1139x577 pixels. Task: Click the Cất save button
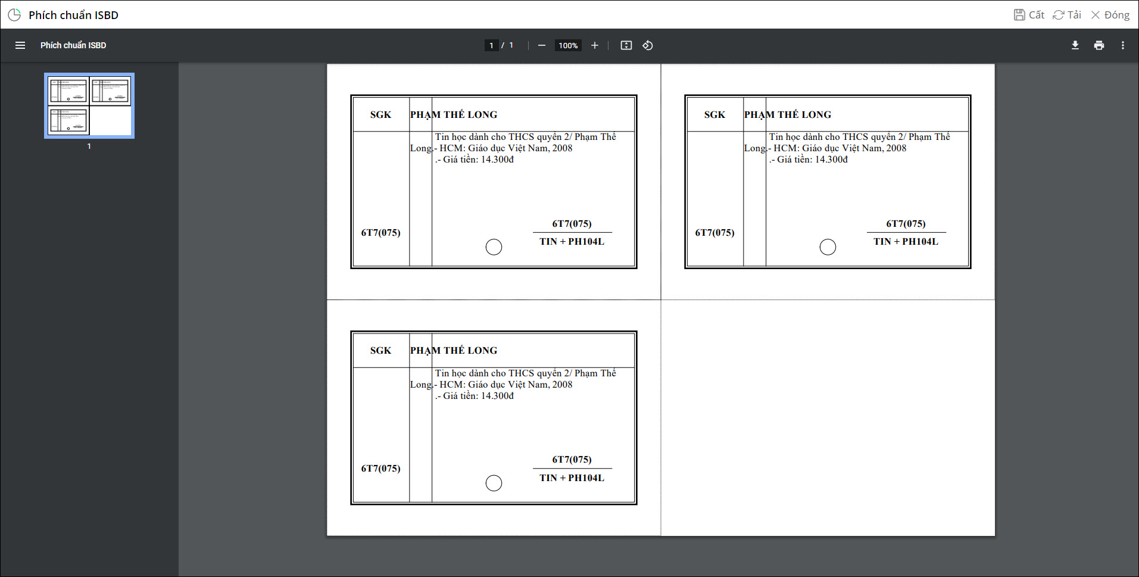pos(1029,15)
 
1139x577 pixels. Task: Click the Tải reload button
pos(1067,15)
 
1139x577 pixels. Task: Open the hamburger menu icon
pos(20,45)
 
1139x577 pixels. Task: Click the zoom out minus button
pos(542,45)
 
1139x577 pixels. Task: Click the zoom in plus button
pos(594,45)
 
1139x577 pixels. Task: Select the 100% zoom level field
pos(568,45)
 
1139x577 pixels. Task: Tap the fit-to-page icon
pos(626,45)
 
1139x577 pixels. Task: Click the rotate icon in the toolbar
pos(648,45)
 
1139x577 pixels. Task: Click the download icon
pos(1075,45)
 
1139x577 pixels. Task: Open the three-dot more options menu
pos(1123,45)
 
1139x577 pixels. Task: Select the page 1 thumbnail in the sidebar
pos(89,105)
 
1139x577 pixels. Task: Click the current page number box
pos(491,45)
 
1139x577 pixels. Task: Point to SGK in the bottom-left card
pos(380,351)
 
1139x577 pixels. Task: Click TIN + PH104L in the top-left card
pos(572,241)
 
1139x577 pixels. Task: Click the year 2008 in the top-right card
pos(896,148)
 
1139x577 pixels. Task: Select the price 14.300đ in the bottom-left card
pos(497,396)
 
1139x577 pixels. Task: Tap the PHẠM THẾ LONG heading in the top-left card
pos(454,114)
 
